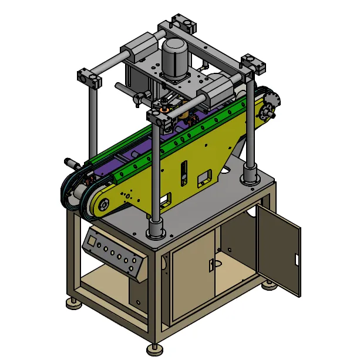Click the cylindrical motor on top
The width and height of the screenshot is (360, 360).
[x=173, y=58]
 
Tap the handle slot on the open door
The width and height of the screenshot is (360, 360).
[x=297, y=259]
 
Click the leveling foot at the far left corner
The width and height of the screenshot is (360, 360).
[x=74, y=304]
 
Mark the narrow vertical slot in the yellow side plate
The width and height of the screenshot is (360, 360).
[x=183, y=171]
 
